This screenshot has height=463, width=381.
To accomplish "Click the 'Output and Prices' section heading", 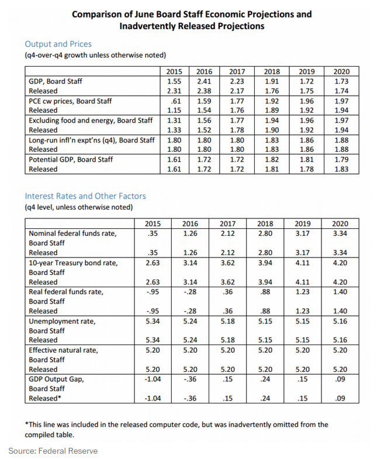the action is (x=58, y=44).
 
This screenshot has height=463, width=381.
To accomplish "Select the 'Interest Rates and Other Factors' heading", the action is (x=85, y=196).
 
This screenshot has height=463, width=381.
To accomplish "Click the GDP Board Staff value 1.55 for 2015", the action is (x=174, y=81).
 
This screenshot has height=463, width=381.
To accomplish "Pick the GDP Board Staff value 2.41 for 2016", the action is (x=205, y=81).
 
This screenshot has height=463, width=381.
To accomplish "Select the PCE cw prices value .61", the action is (x=176, y=101).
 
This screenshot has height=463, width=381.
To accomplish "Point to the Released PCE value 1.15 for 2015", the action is (x=174, y=110).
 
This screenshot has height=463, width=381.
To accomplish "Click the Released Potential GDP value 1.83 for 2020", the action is (x=341, y=169).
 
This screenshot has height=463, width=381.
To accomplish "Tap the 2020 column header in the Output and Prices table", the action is (x=341, y=71).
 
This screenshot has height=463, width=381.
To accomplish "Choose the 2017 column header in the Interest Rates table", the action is (x=227, y=224).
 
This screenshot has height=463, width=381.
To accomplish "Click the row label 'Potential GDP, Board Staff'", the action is (x=71, y=159).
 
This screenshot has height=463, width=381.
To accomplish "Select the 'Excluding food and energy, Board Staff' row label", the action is (x=91, y=120).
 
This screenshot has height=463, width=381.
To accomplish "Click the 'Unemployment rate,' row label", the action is (x=62, y=321).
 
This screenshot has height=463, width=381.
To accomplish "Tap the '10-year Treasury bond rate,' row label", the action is (x=73, y=263).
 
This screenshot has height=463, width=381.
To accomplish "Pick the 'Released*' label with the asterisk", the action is (x=45, y=398).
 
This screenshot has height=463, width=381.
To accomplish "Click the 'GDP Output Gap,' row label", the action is (x=56, y=379).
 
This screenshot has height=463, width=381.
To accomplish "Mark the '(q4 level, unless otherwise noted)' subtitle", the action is (x=79, y=207).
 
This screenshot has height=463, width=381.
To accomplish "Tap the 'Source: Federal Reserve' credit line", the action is (x=53, y=451).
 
